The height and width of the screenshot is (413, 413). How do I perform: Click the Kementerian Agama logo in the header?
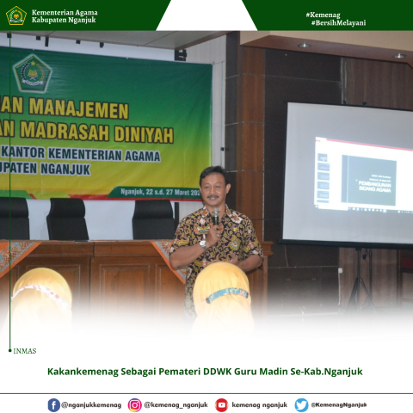[16, 15]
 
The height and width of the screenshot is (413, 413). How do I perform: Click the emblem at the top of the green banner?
[33, 72]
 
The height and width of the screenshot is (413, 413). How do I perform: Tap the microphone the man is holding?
[216, 219]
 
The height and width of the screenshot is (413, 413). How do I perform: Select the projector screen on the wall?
[348, 172]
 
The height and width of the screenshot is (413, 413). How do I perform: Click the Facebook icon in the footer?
[54, 404]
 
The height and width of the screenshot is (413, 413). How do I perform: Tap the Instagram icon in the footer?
[135, 404]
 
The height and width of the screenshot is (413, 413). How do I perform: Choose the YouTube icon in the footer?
[222, 404]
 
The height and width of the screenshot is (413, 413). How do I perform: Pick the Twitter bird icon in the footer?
[301, 404]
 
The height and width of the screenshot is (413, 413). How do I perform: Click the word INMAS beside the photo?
[25, 351]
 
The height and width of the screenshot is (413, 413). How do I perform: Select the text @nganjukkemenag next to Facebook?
[91, 404]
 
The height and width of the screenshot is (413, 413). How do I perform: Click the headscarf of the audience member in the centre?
[220, 288]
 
